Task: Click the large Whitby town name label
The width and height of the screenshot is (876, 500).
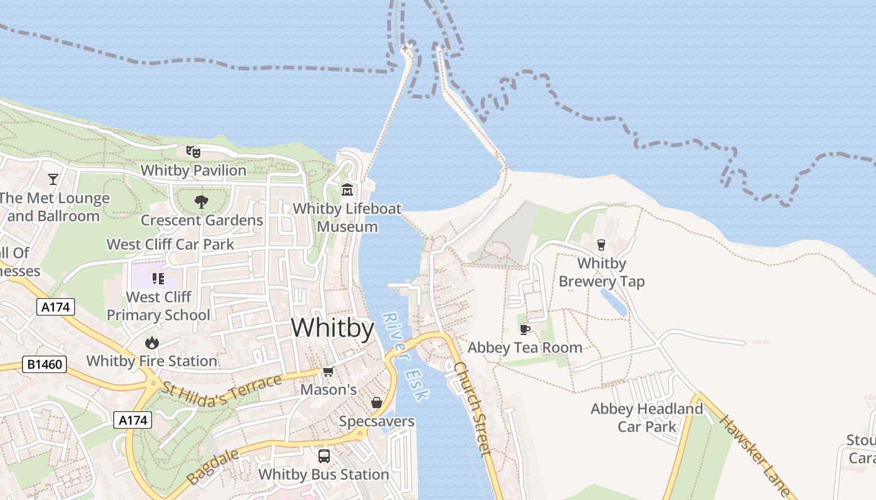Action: (332, 328)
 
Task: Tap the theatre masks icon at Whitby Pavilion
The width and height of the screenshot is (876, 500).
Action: (193, 151)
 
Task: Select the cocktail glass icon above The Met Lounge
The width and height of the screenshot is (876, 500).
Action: (53, 179)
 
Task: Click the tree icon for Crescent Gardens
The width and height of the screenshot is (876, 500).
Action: (201, 201)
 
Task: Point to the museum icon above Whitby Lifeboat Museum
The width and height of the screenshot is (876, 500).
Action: (347, 189)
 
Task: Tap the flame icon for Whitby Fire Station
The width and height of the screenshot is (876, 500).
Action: (151, 342)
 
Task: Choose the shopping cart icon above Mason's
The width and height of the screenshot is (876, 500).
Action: (327, 372)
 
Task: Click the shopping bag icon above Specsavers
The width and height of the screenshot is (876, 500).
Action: (376, 403)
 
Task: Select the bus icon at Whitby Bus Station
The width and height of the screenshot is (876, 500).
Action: (323, 456)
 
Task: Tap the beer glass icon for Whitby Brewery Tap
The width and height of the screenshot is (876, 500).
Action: (601, 244)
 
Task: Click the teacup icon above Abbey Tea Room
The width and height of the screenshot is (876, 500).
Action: (524, 329)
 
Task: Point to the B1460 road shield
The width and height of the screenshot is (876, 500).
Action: (44, 364)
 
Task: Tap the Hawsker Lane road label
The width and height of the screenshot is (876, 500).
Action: (754, 455)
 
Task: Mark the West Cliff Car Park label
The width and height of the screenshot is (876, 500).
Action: (170, 244)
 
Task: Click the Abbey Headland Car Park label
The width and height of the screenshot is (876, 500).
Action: (647, 417)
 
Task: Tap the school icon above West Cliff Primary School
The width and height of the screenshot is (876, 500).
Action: (158, 278)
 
